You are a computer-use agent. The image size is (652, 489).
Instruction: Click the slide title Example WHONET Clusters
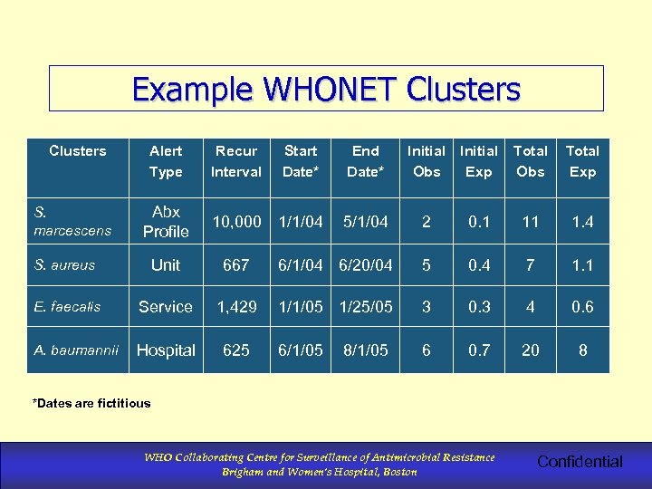coord(326,90)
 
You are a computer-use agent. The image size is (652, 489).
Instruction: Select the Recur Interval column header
coord(235,161)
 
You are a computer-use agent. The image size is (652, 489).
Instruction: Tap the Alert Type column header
coord(166,161)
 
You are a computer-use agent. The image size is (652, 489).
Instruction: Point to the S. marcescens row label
coord(72,221)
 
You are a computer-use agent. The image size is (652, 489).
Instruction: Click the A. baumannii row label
coord(76,350)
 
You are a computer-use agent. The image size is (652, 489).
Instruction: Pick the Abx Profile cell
coord(166,222)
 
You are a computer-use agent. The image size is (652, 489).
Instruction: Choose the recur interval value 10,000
coord(235,222)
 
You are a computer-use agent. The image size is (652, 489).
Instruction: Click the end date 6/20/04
coord(365,265)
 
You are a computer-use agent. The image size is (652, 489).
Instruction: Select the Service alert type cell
coord(166,307)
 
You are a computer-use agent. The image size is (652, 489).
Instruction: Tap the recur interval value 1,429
coord(235,307)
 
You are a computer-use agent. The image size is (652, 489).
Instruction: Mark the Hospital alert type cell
coord(166,350)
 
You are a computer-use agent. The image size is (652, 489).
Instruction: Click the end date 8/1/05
coord(365,350)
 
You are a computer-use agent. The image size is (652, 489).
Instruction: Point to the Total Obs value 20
coord(531,350)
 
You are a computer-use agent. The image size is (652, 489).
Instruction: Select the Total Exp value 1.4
coord(582,222)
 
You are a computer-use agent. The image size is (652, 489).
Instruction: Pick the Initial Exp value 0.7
coord(478,350)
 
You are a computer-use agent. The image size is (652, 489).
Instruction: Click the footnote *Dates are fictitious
coord(91,403)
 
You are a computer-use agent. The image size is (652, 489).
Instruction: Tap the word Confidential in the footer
coord(580,462)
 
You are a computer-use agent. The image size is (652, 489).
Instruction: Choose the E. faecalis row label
coord(68,307)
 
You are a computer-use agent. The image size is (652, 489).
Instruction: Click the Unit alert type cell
coord(166,265)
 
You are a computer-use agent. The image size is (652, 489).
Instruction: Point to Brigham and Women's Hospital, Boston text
coord(320,472)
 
